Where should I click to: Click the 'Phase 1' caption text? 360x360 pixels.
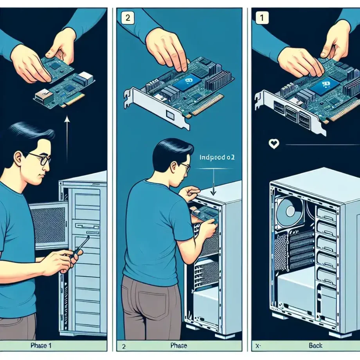[x=40, y=346]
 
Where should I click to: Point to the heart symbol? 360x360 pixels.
[x=274, y=144]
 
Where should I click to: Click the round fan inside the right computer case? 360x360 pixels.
[x=289, y=212]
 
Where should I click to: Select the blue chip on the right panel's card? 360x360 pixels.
[x=324, y=85]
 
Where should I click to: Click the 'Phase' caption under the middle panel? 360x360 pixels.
[x=179, y=346]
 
